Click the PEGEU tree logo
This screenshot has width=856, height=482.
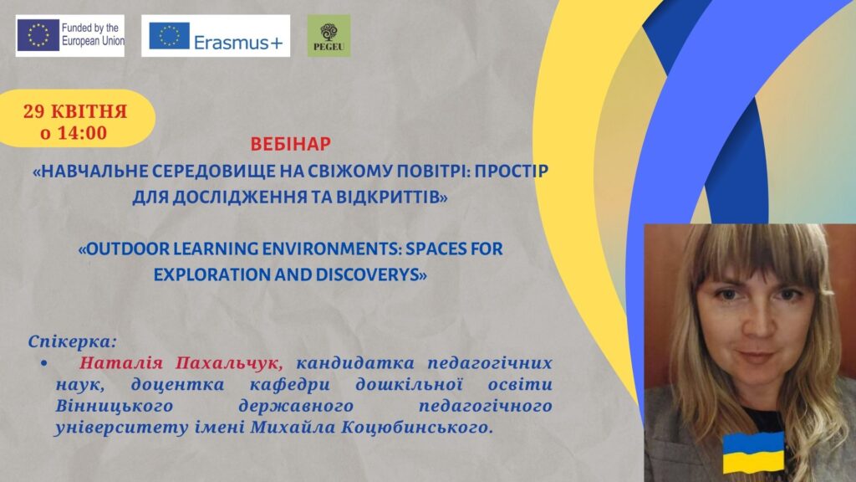[329, 36]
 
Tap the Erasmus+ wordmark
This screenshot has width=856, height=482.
[238, 42]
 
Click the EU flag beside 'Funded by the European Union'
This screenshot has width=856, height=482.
[38, 35]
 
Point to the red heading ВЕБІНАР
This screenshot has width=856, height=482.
[290, 144]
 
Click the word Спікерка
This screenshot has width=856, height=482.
[72, 342]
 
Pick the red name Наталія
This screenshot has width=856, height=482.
[120, 363]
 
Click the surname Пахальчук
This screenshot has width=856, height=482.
[229, 363]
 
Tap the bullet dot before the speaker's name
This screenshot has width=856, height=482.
[44, 363]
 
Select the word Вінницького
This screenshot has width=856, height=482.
[114, 406]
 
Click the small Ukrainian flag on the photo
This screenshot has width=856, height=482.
[753, 453]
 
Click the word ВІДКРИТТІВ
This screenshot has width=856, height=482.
[391, 197]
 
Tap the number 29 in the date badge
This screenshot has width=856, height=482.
[33, 111]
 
